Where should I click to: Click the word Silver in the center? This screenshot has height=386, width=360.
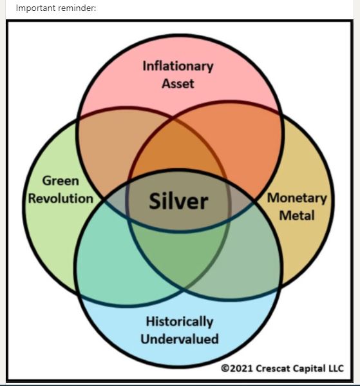[x=178, y=201]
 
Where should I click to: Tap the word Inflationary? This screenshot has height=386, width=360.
[x=178, y=66]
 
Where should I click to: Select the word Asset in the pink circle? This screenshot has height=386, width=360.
[x=178, y=84]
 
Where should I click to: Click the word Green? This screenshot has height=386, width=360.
[x=61, y=181]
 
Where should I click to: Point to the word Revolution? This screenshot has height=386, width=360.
[x=61, y=198]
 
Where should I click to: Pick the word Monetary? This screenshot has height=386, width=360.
[x=297, y=198]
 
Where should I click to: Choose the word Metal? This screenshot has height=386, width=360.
[x=297, y=216]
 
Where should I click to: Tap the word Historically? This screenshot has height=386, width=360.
[x=180, y=322]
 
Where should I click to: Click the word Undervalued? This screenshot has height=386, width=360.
[x=180, y=339]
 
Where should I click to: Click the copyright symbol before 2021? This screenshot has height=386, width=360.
[x=225, y=368]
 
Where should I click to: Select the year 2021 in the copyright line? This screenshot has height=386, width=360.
[x=242, y=368]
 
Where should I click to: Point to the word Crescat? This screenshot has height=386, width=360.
[x=273, y=368]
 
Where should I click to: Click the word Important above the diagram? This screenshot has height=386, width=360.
[x=34, y=8]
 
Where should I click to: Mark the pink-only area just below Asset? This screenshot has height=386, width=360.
[x=178, y=101]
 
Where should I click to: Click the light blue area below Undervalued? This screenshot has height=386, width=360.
[x=180, y=354]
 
